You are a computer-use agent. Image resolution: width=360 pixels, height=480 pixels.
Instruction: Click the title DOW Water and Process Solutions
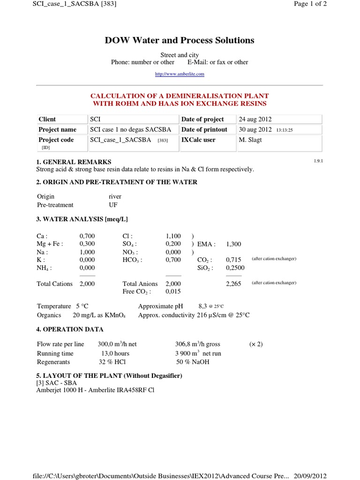click(x=180, y=40)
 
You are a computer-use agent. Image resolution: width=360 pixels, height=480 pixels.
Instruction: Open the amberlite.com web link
click(x=180, y=74)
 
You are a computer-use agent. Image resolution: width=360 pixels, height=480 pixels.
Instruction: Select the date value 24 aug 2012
click(x=255, y=119)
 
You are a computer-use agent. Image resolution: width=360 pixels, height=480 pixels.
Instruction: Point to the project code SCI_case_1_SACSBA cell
click(x=120, y=140)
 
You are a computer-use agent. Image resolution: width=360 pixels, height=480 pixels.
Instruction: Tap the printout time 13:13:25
click(x=285, y=130)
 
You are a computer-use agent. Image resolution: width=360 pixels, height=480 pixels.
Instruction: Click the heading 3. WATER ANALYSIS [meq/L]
click(x=82, y=219)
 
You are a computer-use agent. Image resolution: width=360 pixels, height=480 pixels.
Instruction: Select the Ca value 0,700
click(x=87, y=236)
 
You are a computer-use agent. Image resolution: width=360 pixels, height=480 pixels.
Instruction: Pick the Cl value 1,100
click(x=173, y=236)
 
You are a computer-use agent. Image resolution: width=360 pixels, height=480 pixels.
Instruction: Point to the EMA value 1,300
click(x=233, y=244)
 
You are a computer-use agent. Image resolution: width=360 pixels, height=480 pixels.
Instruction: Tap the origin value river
click(x=115, y=196)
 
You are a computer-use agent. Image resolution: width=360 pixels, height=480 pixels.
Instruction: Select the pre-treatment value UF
click(x=113, y=205)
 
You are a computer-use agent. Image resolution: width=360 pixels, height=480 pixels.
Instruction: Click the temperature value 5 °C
click(x=82, y=306)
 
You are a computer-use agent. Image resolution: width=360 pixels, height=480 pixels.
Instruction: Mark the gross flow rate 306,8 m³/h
click(x=197, y=344)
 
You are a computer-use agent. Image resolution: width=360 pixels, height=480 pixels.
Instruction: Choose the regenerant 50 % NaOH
click(x=193, y=362)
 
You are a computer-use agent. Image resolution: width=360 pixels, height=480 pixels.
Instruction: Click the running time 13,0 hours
click(x=115, y=353)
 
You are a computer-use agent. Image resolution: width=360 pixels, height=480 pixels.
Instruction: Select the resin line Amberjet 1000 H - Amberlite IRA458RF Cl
click(x=95, y=390)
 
